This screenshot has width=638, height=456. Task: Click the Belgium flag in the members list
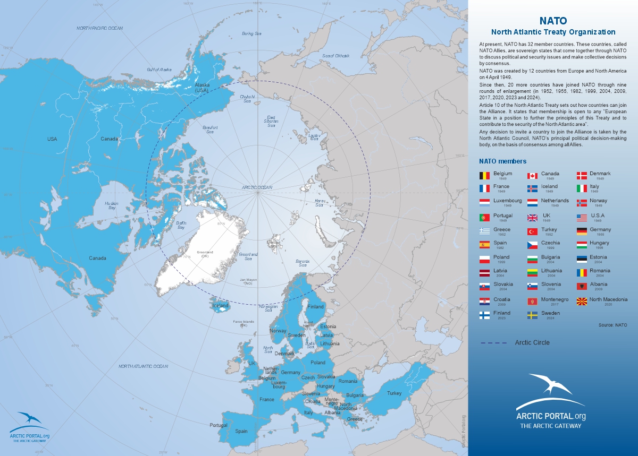click(484, 175)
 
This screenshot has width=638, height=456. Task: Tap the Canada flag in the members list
click(532, 175)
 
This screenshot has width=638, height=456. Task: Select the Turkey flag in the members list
click(532, 231)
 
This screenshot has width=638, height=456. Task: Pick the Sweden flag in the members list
click(532, 315)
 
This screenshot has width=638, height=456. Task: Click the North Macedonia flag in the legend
click(582, 302)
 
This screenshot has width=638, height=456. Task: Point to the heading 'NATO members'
click(502, 161)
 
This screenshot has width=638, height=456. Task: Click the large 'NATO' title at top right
click(553, 21)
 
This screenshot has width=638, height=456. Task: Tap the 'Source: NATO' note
click(612, 324)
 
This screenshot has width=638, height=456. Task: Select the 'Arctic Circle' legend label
click(532, 342)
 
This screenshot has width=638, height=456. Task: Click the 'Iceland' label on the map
click(220, 306)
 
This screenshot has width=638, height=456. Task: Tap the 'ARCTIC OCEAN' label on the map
click(256, 187)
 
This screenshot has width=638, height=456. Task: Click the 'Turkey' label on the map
click(394, 393)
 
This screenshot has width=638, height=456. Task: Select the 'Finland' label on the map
click(315, 307)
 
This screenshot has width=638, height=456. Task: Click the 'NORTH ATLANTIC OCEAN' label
click(143, 366)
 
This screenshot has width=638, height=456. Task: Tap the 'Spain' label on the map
click(241, 431)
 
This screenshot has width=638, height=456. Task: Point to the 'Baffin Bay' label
click(181, 225)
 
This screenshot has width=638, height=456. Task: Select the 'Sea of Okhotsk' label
click(335, 56)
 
